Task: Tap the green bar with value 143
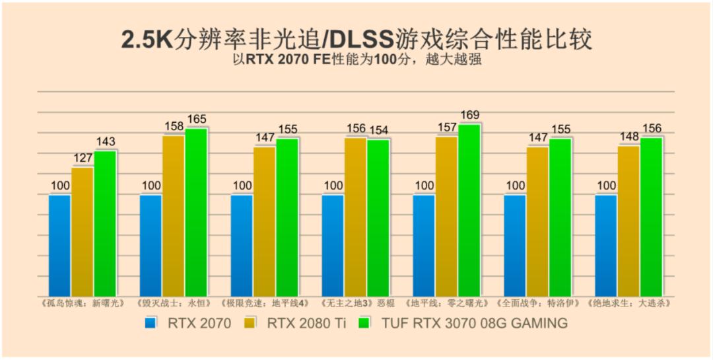pos(105,223)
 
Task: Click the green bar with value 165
pos(196,212)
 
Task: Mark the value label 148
pos(629,137)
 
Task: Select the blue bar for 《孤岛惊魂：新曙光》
pos(59,245)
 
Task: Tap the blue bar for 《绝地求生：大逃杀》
pos(606,245)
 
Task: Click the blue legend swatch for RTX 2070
pos(151,323)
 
